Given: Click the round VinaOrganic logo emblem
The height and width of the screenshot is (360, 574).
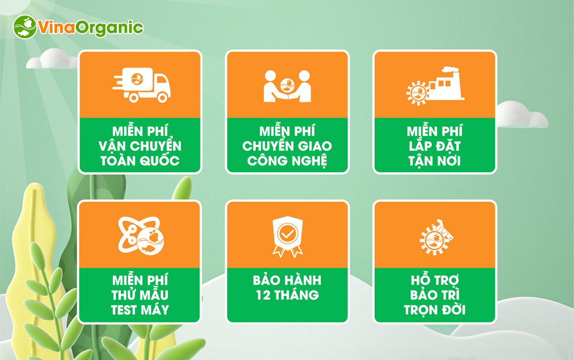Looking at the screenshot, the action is point(25,27).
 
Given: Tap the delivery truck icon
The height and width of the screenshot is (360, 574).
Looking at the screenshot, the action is point(142,85).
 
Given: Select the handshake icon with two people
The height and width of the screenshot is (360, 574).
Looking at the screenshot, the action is point(287,86).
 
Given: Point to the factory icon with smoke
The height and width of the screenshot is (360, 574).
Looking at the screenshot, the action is point(435,86).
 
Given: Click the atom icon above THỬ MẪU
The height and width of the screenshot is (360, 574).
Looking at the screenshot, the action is point(141,236).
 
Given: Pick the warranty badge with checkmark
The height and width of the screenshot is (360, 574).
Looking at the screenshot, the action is point(287,236).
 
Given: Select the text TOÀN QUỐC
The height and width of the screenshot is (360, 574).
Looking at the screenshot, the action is point(140,161).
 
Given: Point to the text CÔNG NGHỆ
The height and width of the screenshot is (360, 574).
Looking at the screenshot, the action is point(287,161).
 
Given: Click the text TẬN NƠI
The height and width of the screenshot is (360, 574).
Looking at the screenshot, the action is point(435,161).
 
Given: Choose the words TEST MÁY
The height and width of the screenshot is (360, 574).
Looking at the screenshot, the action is point(140,310).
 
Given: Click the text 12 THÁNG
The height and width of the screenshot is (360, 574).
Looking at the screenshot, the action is point(287,295).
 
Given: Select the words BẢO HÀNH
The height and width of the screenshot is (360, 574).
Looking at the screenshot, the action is point(287,280).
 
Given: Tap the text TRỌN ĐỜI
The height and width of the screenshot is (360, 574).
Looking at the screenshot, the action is point(435,310).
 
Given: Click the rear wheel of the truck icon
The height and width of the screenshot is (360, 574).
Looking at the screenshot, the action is point(134,98).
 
